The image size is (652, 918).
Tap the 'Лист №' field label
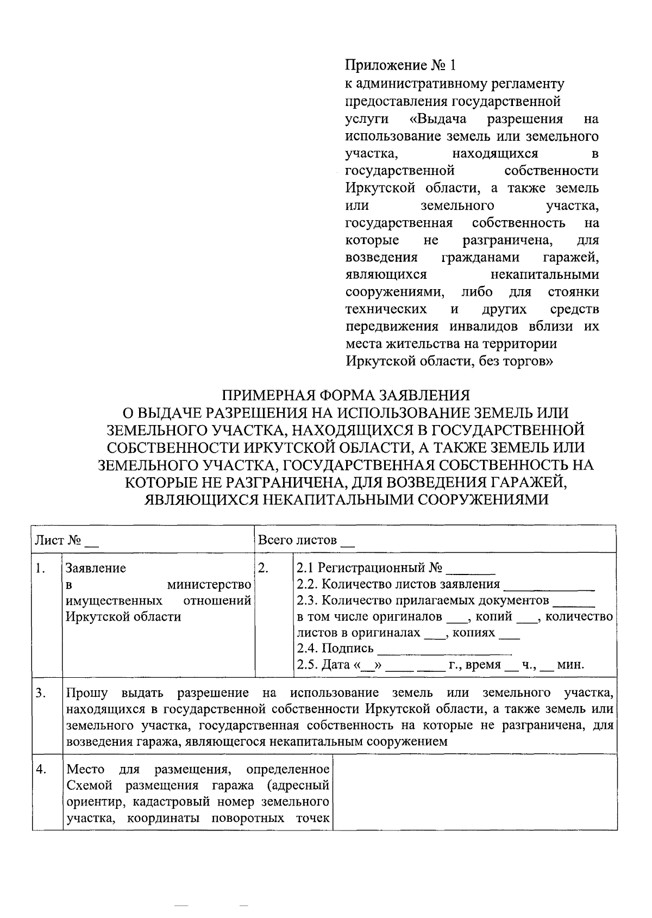point(58,541)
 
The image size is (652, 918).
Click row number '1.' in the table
point(40,569)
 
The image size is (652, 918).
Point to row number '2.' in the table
point(263,569)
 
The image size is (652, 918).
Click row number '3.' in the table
point(40,693)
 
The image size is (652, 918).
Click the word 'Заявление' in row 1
point(96,569)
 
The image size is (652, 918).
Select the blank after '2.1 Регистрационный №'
point(474,571)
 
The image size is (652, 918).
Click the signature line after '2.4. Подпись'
point(444,651)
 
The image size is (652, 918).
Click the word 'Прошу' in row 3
point(87,693)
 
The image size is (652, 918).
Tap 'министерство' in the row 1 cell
point(209,585)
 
